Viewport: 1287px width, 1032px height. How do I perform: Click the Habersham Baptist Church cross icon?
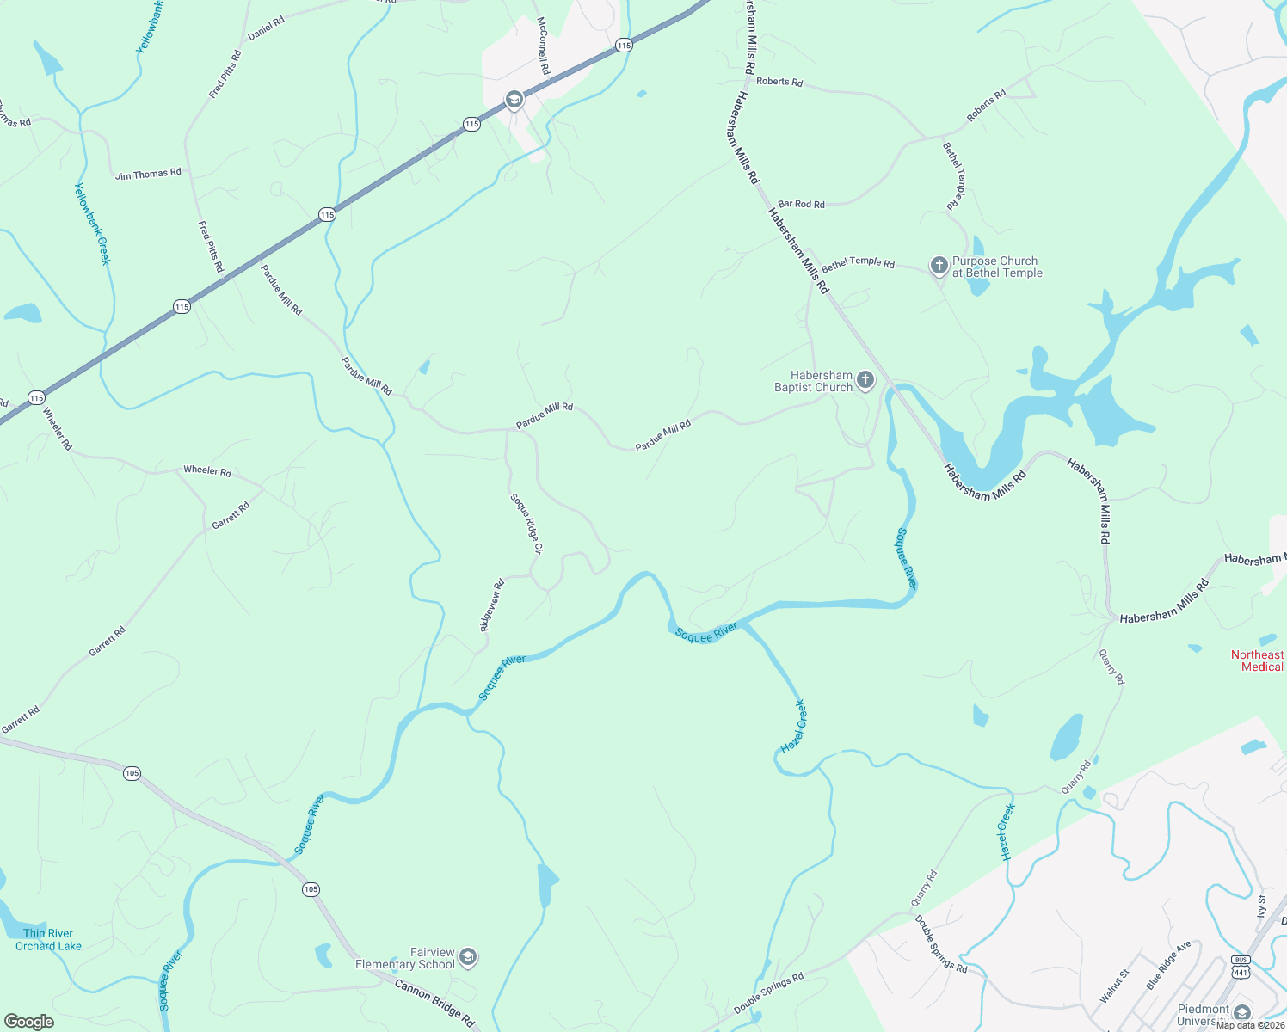click(865, 379)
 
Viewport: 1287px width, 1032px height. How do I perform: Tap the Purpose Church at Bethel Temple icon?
click(939, 265)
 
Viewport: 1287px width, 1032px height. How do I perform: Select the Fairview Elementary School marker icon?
click(467, 956)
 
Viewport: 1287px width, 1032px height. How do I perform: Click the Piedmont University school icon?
click(1241, 1012)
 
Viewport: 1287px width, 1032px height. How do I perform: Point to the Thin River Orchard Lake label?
click(48, 939)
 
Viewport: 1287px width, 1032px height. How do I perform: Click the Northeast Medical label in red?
click(1257, 660)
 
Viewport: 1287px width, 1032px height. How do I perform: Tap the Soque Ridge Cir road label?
click(526, 523)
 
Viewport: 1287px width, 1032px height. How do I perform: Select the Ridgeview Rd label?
click(491, 605)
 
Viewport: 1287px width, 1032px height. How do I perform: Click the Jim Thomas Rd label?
click(148, 174)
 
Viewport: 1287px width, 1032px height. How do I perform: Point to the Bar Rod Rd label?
click(801, 204)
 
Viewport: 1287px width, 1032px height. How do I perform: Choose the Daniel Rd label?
click(266, 28)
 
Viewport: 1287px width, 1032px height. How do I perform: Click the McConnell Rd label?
click(543, 46)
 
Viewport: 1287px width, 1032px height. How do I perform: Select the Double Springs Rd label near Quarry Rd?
click(940, 943)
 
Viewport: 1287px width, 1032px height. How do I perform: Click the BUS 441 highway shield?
click(1240, 966)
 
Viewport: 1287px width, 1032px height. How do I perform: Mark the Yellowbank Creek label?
click(92, 224)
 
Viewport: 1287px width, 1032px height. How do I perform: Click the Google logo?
click(29, 1022)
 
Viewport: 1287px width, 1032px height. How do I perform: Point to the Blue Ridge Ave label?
click(1169, 965)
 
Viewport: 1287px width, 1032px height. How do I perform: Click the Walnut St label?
click(1114, 986)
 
